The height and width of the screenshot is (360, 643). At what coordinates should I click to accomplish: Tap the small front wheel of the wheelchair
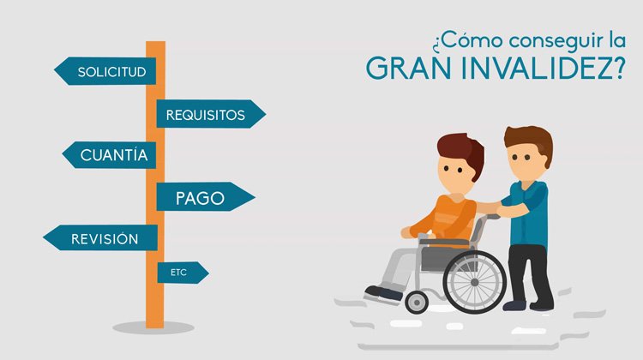click(418, 301)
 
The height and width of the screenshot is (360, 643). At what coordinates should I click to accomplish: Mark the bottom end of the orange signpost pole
click(154, 324)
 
